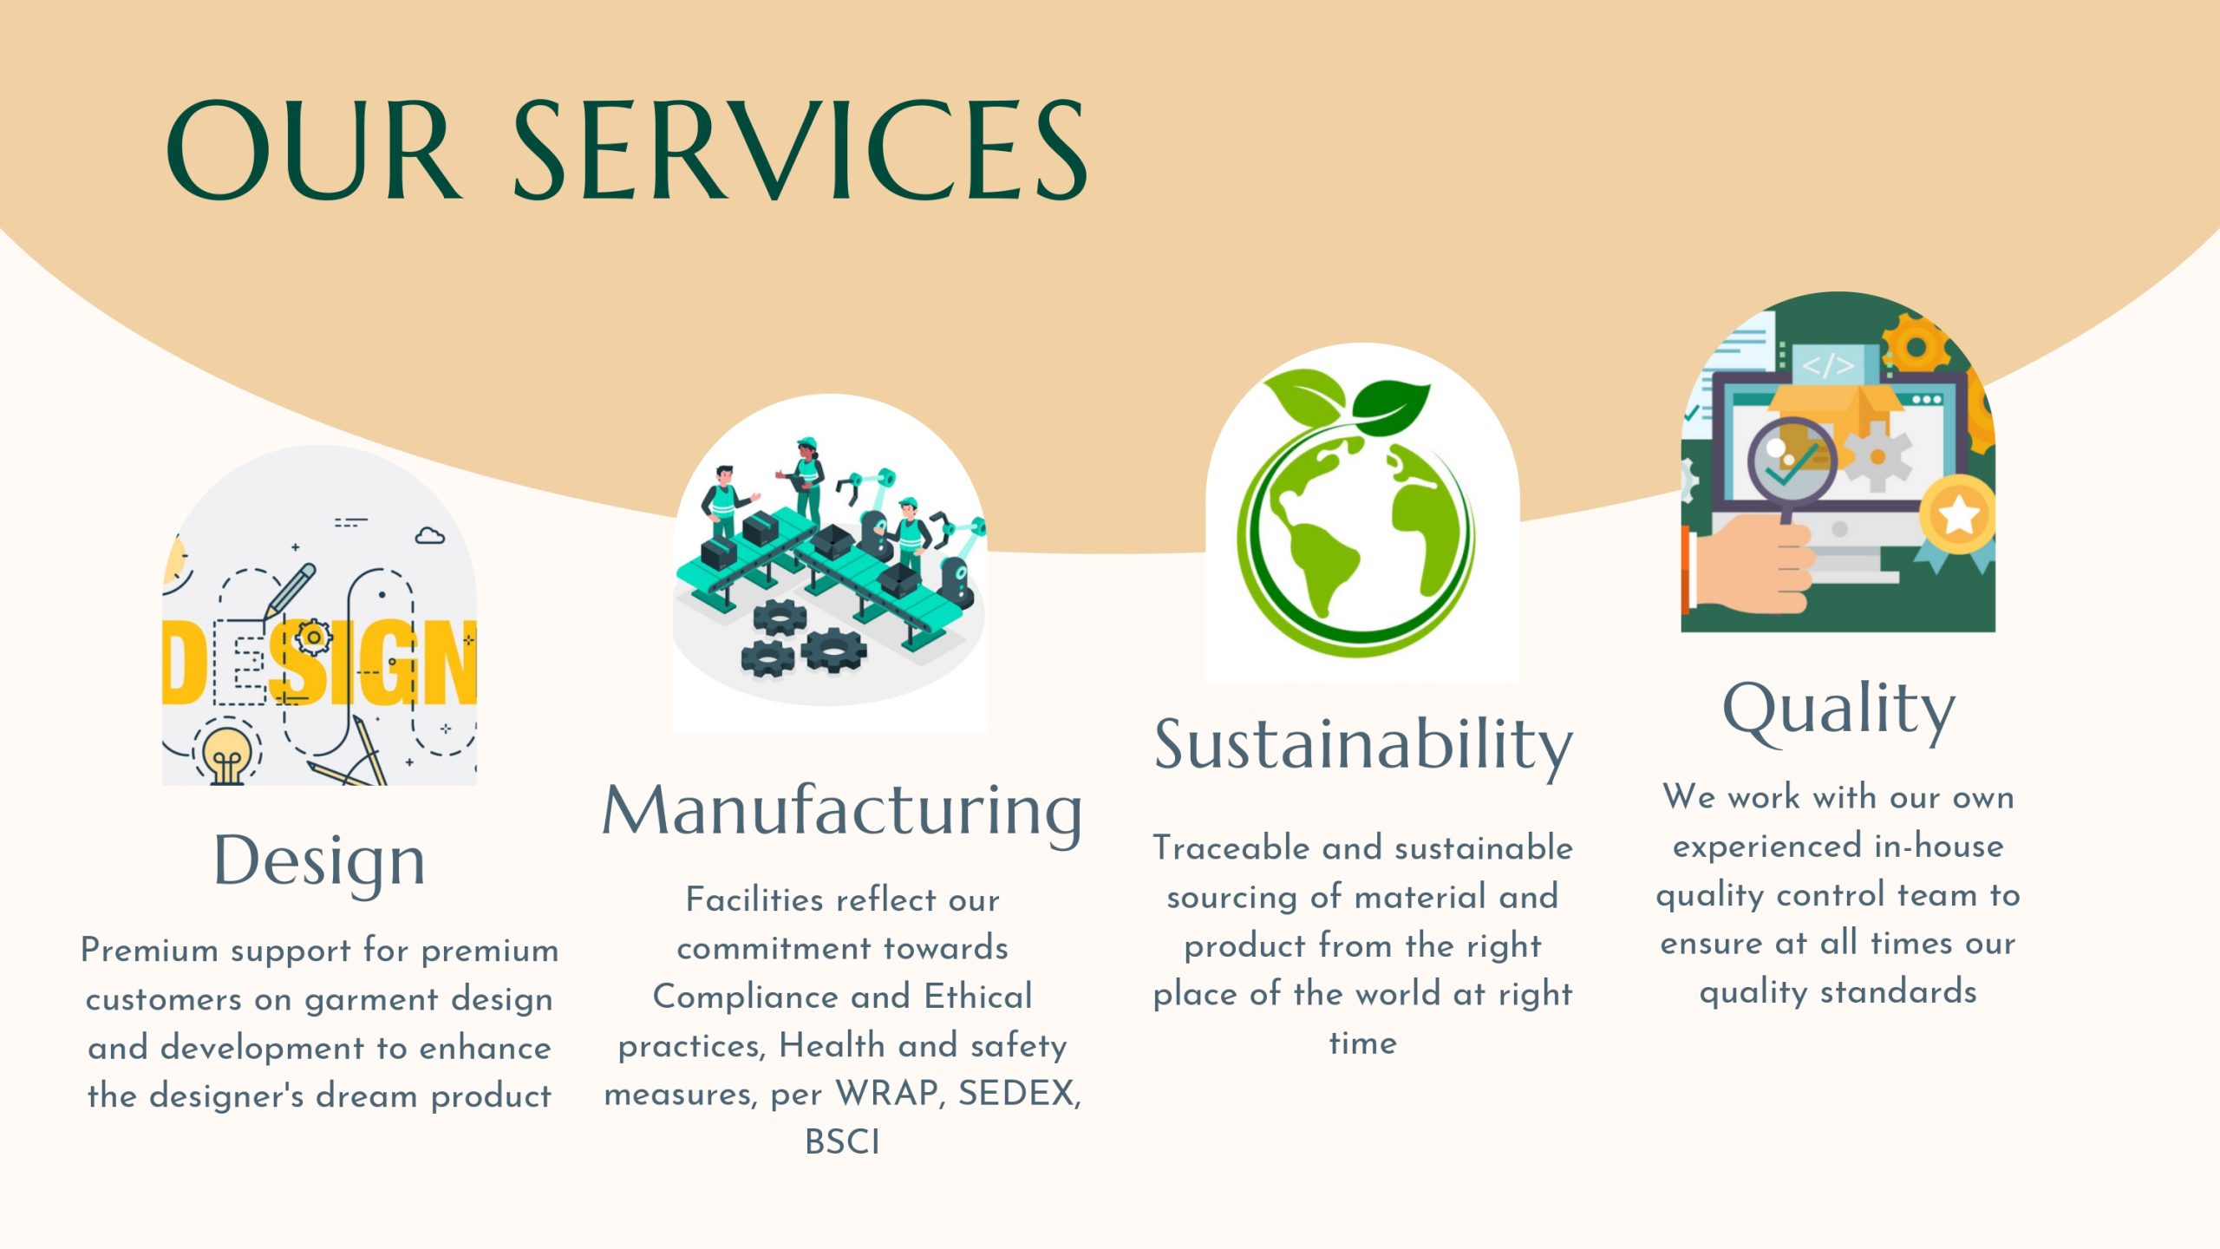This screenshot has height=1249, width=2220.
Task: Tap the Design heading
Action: click(320, 861)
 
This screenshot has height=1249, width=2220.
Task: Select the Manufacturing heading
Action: click(842, 812)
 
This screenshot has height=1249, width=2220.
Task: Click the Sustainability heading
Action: click(1363, 746)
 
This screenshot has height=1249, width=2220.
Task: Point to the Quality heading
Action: click(1838, 711)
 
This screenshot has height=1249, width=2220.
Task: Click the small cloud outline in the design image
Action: click(430, 536)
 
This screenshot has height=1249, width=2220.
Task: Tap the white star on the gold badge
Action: click(1958, 516)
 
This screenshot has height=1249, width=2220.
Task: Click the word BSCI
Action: click(842, 1142)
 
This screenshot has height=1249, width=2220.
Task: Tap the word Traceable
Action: click(1231, 847)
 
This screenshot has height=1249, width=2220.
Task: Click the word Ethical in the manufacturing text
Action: click(978, 997)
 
